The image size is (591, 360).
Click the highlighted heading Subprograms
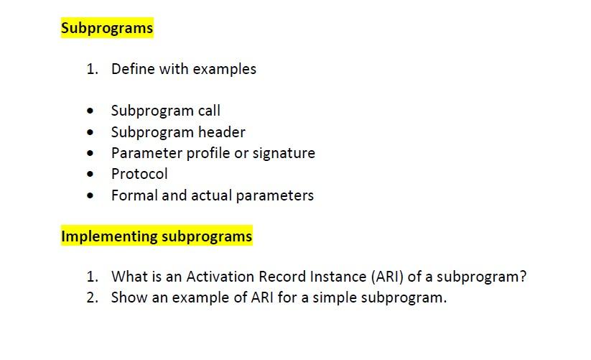point(107,28)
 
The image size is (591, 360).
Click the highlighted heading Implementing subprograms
point(157,236)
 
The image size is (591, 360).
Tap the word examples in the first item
point(224,70)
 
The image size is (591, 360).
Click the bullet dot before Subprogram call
point(90,111)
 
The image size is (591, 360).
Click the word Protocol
point(139,174)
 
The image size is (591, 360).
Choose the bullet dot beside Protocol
point(90,174)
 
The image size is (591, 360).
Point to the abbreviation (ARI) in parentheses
point(388,277)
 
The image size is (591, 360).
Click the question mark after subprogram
point(522,277)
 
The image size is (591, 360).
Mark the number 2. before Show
point(93,297)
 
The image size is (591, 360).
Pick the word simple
point(335,297)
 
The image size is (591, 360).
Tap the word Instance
point(338,277)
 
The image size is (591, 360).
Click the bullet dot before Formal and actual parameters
point(90,195)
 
